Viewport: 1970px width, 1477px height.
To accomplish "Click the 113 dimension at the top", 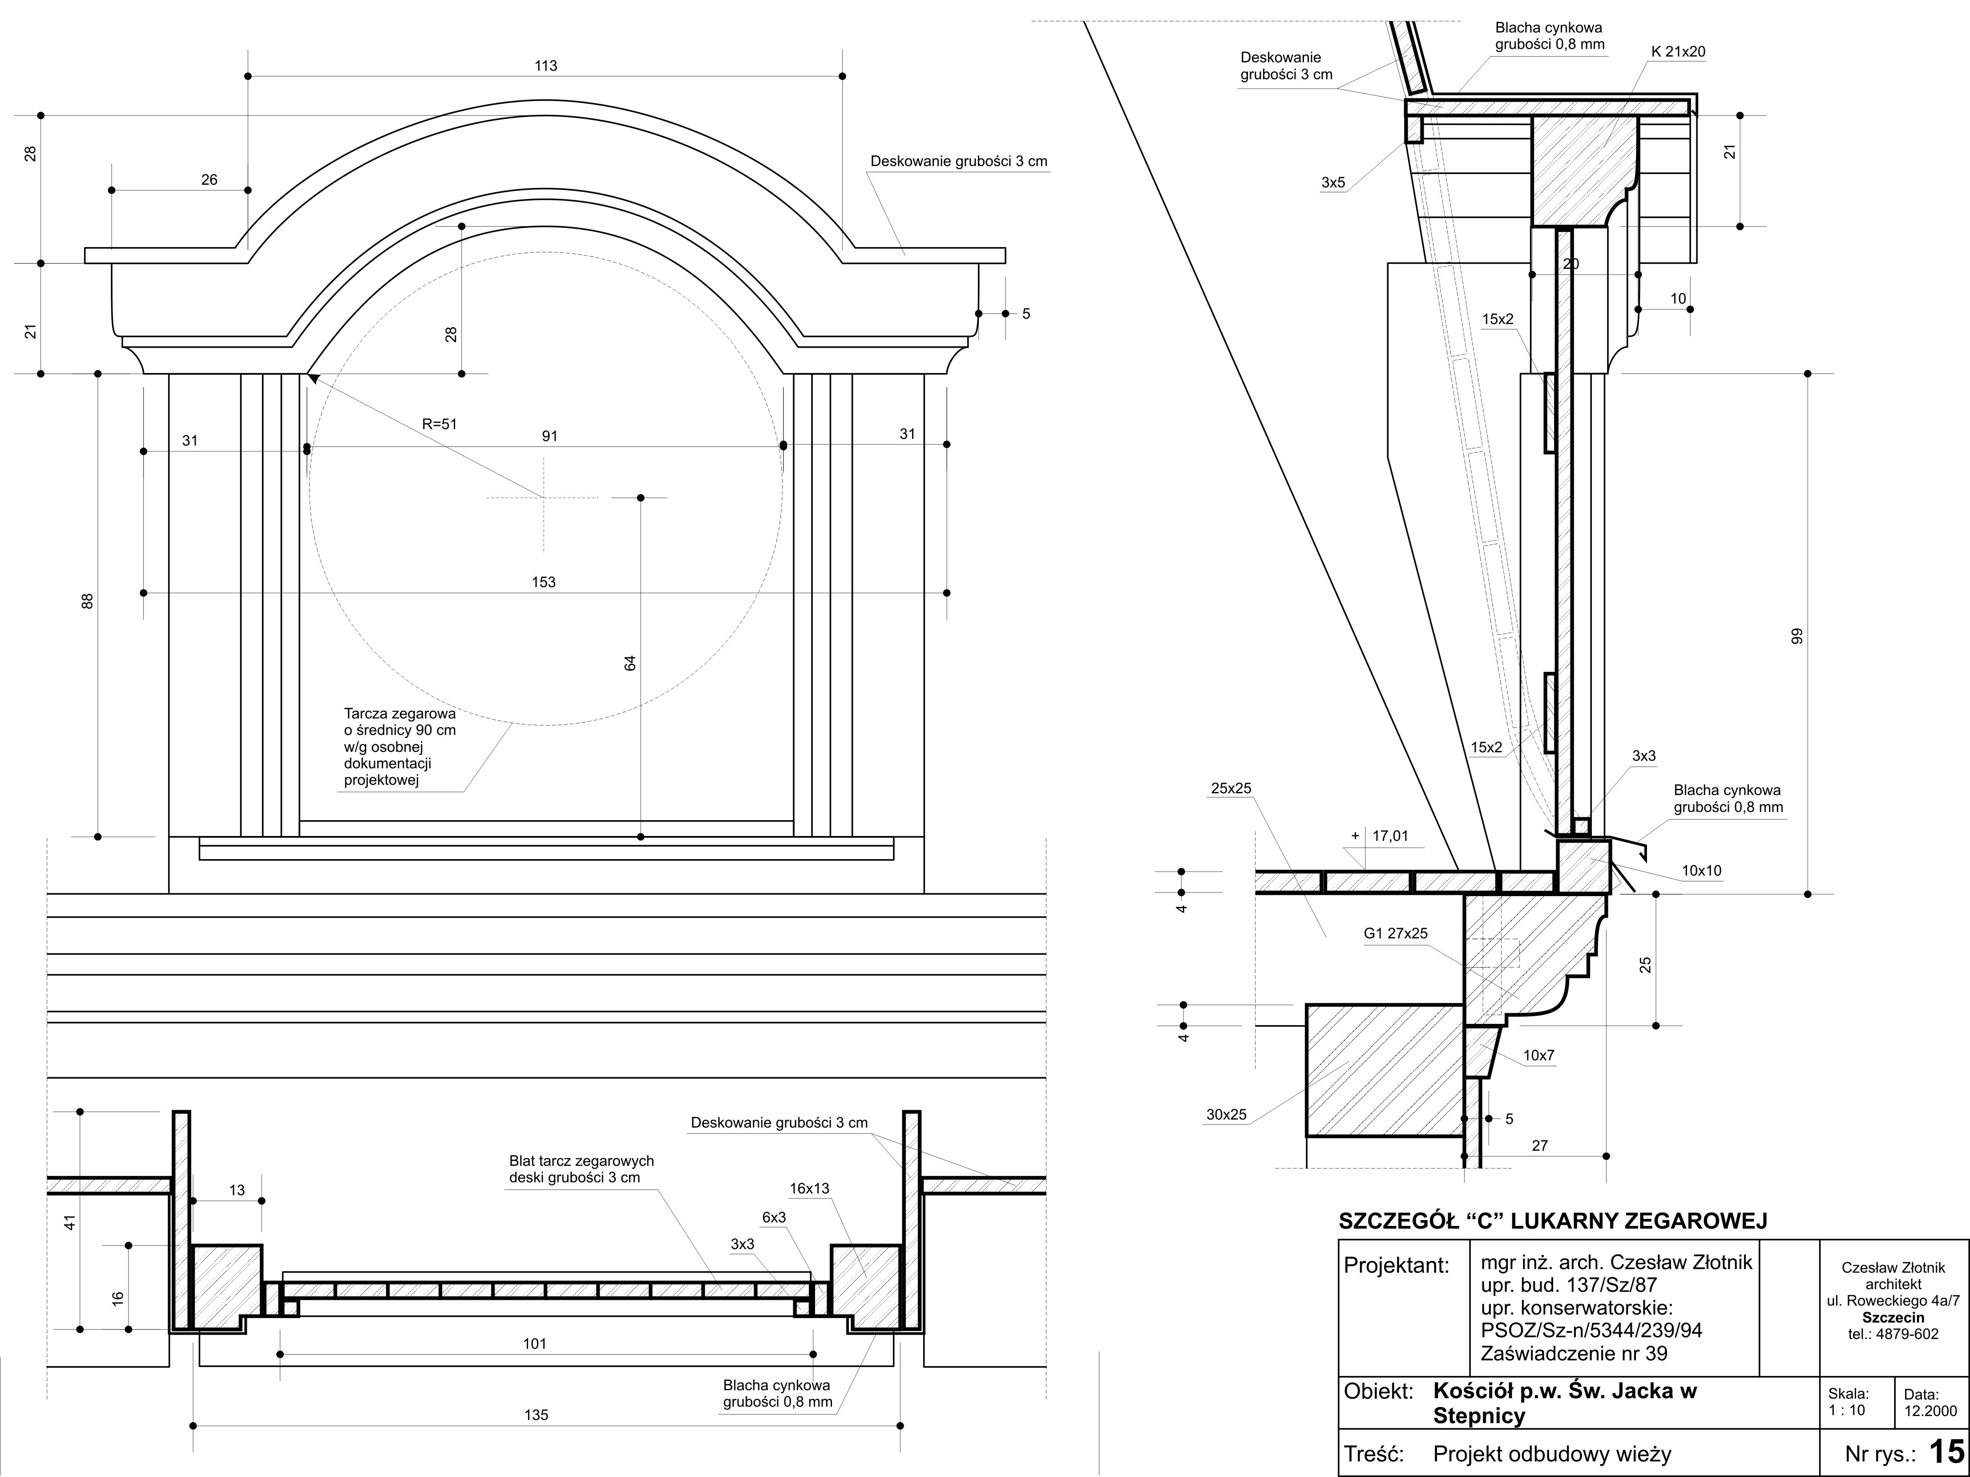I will point(546,66).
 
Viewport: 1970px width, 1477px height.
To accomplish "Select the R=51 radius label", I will point(439,424).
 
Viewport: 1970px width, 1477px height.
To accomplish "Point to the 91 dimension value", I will point(549,436).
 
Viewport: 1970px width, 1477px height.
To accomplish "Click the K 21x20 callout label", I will point(1678,52).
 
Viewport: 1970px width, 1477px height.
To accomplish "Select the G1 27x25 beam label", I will point(1396,933).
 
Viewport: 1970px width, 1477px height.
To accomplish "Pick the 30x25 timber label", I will point(1226,1115).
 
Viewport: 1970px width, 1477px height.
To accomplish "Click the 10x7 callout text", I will point(1538,1055).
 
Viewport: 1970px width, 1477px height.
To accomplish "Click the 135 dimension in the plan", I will point(536,1415).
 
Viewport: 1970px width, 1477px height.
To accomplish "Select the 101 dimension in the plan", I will point(534,1343).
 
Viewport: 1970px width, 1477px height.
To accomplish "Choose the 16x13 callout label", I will point(809,1189).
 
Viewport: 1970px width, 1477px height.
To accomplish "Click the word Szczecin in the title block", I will point(1893,1318).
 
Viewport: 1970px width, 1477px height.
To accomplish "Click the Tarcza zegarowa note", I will point(400,747).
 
